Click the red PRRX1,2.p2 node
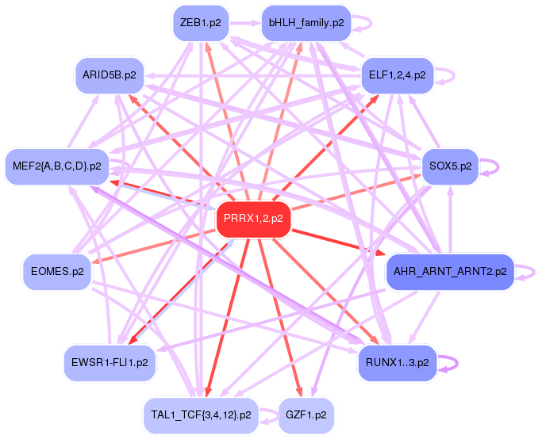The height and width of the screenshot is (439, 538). [254, 218]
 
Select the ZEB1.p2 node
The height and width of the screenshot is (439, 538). [200, 23]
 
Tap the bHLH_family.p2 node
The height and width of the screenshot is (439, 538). [306, 23]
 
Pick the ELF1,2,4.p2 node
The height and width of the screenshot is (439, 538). [397, 75]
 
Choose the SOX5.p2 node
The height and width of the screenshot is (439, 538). [450, 166]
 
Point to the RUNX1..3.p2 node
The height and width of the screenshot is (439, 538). [397, 363]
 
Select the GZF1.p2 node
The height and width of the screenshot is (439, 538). [306, 414]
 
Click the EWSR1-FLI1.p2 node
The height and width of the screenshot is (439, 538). [110, 363]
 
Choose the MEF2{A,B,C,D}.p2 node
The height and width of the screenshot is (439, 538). [56, 166]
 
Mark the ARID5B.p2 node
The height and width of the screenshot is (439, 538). [110, 75]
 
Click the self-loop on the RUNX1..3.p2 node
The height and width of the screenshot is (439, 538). [450, 363]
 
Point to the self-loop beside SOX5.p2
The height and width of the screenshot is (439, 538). [492, 167]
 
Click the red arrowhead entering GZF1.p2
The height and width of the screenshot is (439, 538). [299, 392]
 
